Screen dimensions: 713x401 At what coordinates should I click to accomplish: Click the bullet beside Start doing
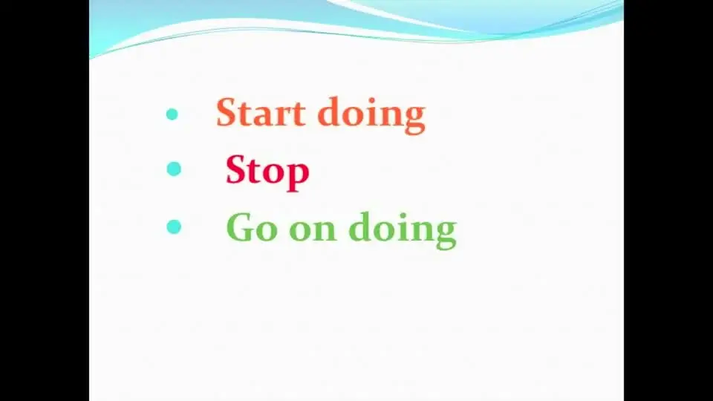coord(172,114)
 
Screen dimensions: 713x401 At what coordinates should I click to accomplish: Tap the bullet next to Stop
coord(174,169)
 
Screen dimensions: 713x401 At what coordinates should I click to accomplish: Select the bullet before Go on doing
coord(174,226)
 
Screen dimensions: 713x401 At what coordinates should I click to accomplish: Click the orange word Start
coord(261,112)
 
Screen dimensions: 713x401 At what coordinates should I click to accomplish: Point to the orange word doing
coord(371,116)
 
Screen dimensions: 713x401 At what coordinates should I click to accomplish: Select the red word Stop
coord(267,172)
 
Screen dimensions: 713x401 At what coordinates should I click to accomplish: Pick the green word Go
coord(252,227)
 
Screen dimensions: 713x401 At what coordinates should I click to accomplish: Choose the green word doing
coord(403,230)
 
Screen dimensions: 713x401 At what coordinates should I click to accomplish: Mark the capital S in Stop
coord(236,169)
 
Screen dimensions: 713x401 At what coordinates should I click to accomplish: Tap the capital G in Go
coord(240,227)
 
